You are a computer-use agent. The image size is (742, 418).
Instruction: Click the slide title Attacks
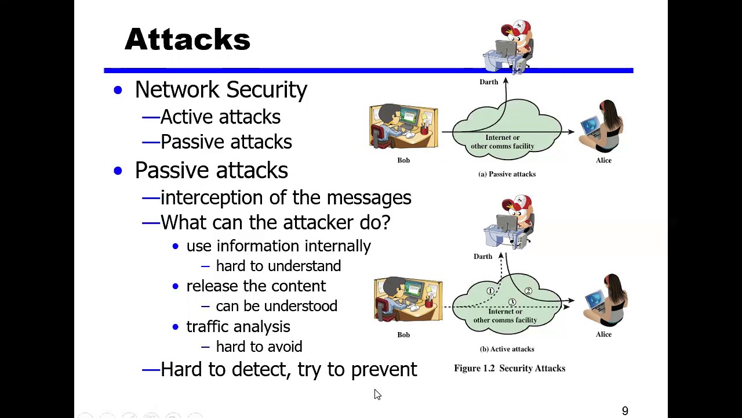pyautogui.click(x=187, y=39)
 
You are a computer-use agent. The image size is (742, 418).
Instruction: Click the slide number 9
pyautogui.click(x=625, y=411)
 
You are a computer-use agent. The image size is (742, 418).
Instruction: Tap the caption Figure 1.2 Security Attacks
pyautogui.click(x=509, y=368)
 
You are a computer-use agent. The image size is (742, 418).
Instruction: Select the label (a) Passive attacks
pyautogui.click(x=507, y=174)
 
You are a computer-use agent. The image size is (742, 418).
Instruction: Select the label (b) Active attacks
pyautogui.click(x=507, y=349)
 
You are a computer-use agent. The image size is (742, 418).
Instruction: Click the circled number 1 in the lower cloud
pyautogui.click(x=490, y=291)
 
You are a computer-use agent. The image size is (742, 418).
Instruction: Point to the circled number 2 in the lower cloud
pyautogui.click(x=528, y=291)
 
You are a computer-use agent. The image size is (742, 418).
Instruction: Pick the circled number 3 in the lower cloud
pyautogui.click(x=512, y=302)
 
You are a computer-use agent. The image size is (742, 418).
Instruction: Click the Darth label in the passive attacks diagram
pyautogui.click(x=489, y=82)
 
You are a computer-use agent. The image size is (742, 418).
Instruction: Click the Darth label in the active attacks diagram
pyautogui.click(x=483, y=257)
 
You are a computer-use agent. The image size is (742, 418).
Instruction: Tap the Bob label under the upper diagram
pyautogui.click(x=403, y=160)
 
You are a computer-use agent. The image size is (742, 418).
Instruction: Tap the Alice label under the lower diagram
pyautogui.click(x=603, y=334)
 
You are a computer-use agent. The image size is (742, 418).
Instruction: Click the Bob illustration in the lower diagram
pyautogui.click(x=408, y=300)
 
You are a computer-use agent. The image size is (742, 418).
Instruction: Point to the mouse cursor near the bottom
pyautogui.click(x=377, y=394)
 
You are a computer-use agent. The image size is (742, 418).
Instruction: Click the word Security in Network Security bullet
pyautogui.click(x=266, y=89)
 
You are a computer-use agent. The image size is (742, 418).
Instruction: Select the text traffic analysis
pyautogui.click(x=238, y=327)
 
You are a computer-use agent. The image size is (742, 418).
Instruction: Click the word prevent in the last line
pyautogui.click(x=384, y=369)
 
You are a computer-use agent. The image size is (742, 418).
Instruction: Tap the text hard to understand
pyautogui.click(x=278, y=266)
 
